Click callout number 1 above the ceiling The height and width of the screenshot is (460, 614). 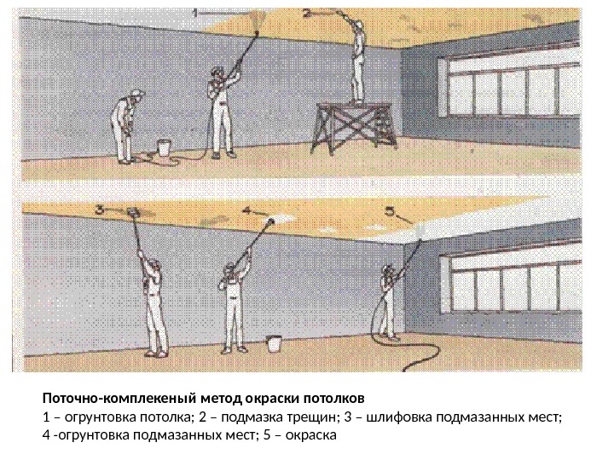coord(195,13)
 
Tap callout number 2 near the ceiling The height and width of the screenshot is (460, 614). coord(307,14)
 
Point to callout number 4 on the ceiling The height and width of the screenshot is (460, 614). coord(246,210)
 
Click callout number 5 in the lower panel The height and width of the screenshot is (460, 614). coord(389,211)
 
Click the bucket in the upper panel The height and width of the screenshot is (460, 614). coord(164,148)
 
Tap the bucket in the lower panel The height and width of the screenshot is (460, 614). coord(274,344)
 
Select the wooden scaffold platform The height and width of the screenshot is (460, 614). coord(354,128)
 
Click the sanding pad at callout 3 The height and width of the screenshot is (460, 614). coord(133,212)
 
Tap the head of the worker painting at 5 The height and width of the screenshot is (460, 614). coord(388,271)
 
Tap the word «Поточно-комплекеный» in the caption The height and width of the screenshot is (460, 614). coord(120,399)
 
